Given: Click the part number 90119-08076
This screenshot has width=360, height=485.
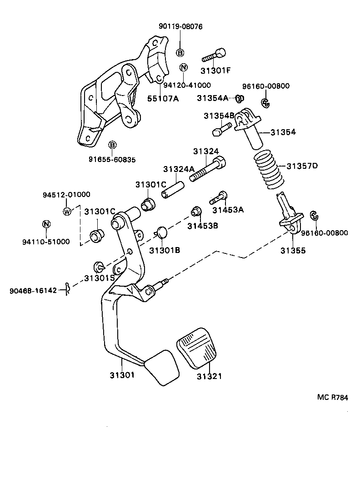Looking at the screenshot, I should [x=180, y=27].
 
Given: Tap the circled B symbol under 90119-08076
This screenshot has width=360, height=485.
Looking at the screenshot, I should [x=180, y=52].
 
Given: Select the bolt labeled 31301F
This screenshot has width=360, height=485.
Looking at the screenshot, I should [x=215, y=56].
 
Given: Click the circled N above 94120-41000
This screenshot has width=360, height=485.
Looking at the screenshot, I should [x=184, y=68].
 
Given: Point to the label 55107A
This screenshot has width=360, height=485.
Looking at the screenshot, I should [x=162, y=98].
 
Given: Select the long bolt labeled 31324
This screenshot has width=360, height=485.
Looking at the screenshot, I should [x=207, y=171].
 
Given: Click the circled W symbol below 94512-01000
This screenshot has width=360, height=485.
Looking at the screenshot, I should [x=67, y=211].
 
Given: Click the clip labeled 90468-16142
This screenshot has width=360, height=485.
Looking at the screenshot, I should [x=67, y=288].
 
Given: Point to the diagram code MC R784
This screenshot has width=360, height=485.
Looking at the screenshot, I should [x=332, y=397].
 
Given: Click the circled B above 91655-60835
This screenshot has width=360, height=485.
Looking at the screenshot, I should [x=112, y=145].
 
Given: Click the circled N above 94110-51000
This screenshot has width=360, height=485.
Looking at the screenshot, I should [x=46, y=224].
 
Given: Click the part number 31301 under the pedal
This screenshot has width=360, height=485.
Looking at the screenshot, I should [x=122, y=375].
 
